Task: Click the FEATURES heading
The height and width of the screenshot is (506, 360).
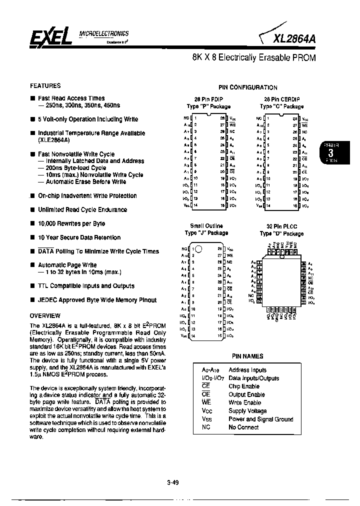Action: coord(45,85)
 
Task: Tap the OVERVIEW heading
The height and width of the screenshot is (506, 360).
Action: coord(45,315)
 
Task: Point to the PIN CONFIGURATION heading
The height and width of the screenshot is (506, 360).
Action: coord(247,87)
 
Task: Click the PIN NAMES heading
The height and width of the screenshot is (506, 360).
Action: coord(247,356)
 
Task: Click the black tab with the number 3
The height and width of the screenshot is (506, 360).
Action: coord(330,152)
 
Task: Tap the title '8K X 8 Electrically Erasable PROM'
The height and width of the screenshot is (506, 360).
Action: coord(253,57)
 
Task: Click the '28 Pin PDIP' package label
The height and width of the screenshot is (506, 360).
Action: coord(208,99)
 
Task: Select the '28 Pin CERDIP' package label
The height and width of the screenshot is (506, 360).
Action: coord(281,99)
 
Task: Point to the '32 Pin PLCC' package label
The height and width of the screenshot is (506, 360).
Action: coord(281,226)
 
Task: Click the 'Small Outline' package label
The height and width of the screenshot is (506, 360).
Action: coord(206,226)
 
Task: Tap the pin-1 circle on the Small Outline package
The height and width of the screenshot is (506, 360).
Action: coord(198,248)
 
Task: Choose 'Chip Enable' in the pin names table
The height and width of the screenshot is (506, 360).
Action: coord(243,386)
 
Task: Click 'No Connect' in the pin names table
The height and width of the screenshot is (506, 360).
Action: coord(243,427)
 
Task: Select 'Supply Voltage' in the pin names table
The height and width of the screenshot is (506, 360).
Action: coord(247,411)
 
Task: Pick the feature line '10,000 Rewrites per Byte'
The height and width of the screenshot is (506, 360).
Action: coord(71,223)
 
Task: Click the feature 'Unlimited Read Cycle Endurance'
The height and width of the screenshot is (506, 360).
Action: coord(82,209)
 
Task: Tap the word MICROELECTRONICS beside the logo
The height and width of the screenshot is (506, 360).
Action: coord(104,33)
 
